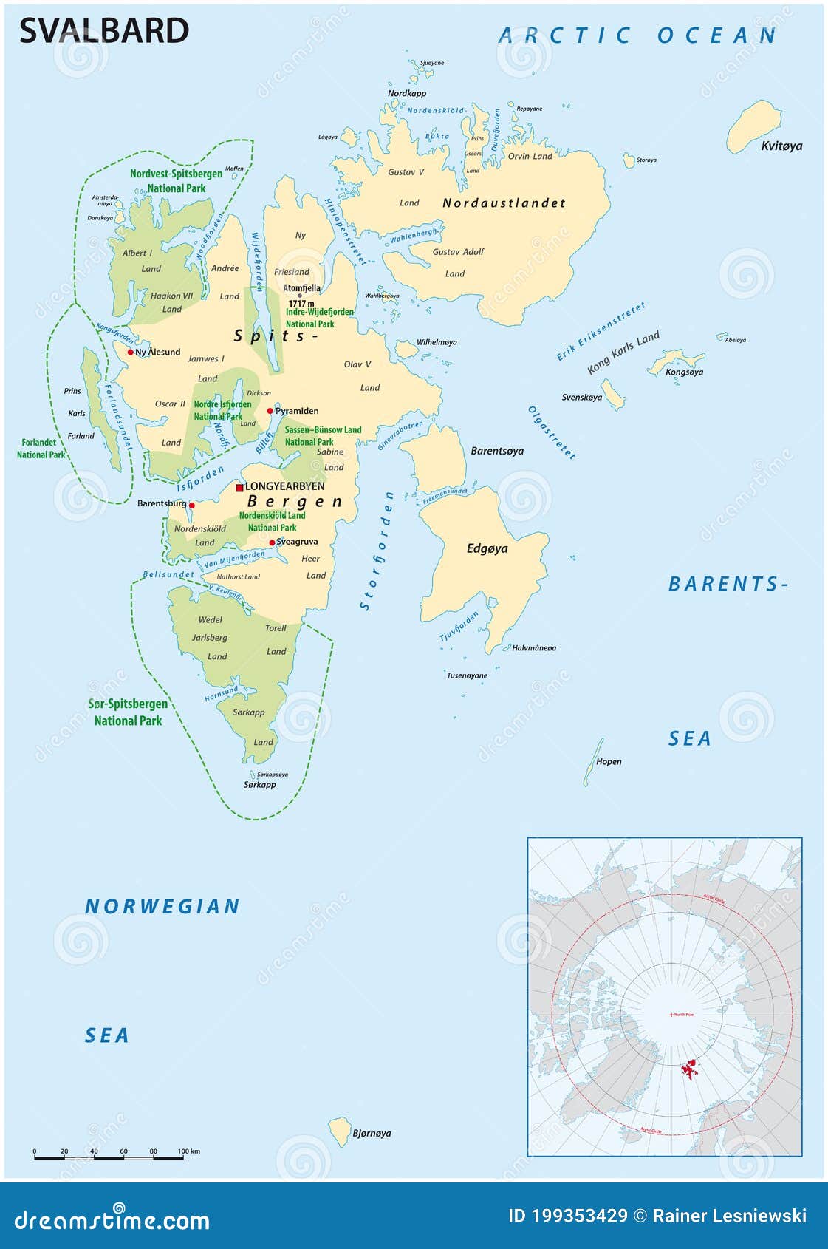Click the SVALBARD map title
pos(103,31)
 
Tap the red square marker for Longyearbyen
pos(239,488)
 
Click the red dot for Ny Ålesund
pos(131,352)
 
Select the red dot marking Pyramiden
pos(270,411)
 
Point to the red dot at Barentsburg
pos(192,506)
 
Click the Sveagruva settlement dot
pos(272,542)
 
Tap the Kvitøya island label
pos(781,146)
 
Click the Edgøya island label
pos(487,548)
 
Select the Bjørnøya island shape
pos(340,1131)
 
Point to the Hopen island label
pos(609,761)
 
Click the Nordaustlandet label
pos(504,203)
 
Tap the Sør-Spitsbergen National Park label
pos(128,712)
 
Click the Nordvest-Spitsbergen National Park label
pos(176,181)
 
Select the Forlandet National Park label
pos(40,449)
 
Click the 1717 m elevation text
pos(301,304)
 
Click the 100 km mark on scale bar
pos(183,1157)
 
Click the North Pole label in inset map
pos(682,1014)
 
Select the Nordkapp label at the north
pos(407,93)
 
